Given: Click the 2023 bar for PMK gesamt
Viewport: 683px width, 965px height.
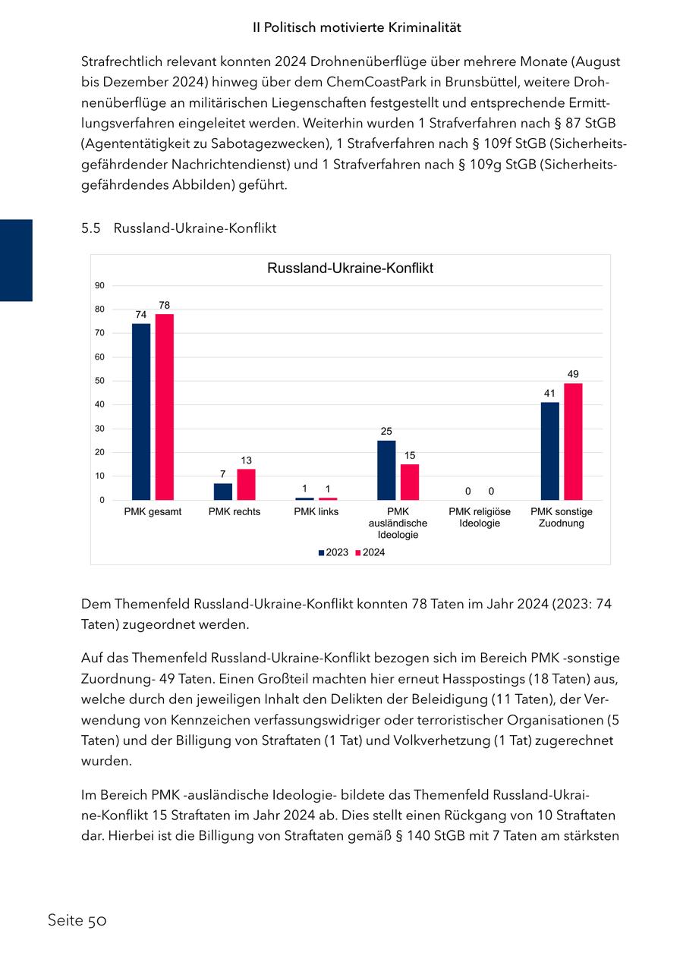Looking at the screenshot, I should pyautogui.click(x=141, y=412).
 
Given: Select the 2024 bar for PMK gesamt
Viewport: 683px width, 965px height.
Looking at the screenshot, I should pyautogui.click(x=165, y=407).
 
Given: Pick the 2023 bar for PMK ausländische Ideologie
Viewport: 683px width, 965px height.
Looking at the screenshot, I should pyautogui.click(x=386, y=470).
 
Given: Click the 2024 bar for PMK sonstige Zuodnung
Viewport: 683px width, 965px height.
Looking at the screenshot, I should pyautogui.click(x=574, y=442).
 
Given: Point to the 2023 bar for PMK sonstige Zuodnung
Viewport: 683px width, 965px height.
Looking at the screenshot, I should pyautogui.click(x=550, y=451).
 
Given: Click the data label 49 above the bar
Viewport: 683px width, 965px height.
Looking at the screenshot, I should pyautogui.click(x=574, y=374).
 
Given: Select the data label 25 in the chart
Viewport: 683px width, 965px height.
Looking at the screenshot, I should pyautogui.click(x=386, y=431).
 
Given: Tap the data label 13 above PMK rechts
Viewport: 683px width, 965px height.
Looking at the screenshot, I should pyautogui.click(x=246, y=460).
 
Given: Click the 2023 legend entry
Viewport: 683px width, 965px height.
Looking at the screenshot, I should pyautogui.click(x=333, y=552).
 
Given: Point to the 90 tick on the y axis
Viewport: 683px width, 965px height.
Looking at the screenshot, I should pyautogui.click(x=100, y=285).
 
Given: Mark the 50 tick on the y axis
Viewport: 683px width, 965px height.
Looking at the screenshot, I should pyautogui.click(x=100, y=381).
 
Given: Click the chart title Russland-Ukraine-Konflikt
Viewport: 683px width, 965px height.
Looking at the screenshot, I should pyautogui.click(x=350, y=269).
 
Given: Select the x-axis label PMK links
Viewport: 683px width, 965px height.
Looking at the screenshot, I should pyautogui.click(x=316, y=512).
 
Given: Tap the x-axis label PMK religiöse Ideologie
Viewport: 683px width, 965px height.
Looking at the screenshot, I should pyautogui.click(x=480, y=517).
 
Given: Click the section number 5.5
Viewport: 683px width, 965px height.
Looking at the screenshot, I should pyautogui.click(x=91, y=228).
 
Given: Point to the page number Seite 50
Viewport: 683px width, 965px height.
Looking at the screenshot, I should pyautogui.click(x=77, y=920).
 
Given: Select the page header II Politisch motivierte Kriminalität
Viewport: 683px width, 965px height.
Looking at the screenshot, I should pyautogui.click(x=357, y=27).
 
